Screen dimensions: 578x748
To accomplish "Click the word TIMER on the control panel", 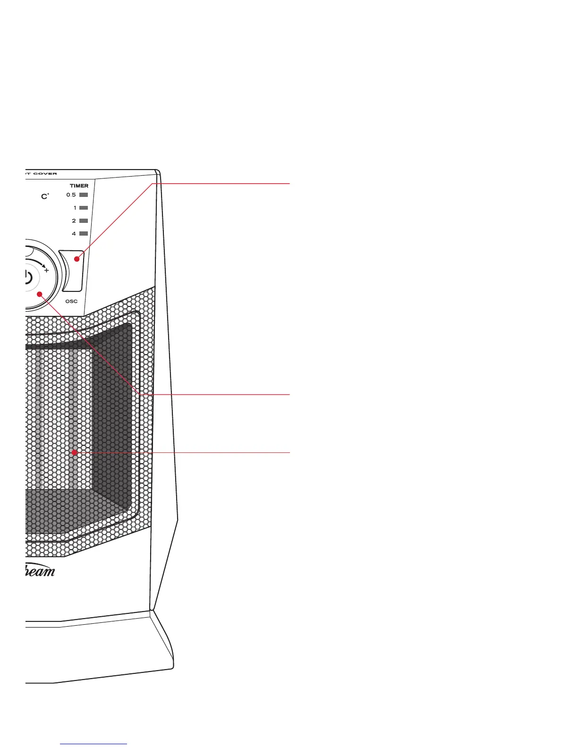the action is pos(79,186).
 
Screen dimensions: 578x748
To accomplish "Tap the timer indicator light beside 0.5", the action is pos(84,195).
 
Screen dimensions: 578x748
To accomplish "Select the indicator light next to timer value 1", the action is pos(84,208).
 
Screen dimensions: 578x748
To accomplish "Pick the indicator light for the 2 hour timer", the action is pos(84,221).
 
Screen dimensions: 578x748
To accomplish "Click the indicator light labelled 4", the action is pos(84,233).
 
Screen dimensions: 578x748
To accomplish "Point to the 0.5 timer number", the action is pos(71,195).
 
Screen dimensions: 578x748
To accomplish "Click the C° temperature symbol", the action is pos(45,196).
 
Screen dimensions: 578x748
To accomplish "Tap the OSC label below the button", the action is pos(71,301).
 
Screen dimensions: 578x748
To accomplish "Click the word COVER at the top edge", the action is pos(45,173).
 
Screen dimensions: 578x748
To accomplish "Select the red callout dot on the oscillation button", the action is pos(76,259).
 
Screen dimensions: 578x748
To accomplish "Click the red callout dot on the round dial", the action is pos(40,294).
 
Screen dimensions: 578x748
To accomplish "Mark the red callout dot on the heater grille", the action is pos(74,452).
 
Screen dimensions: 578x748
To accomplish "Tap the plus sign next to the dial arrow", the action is pos(46,271).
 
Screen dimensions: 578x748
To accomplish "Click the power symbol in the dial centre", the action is pos(28,277).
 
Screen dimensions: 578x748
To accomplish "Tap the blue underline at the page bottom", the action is pos(93,744).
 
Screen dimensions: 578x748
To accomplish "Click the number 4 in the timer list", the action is pos(74,233).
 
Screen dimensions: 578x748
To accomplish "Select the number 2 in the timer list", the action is pos(74,221).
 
